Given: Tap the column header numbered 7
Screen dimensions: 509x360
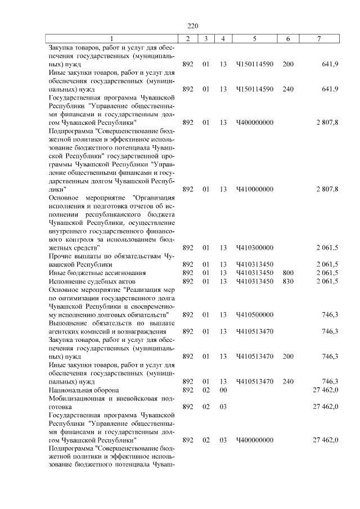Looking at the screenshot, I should tap(319, 38).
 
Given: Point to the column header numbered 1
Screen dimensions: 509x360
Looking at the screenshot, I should tap(111, 38).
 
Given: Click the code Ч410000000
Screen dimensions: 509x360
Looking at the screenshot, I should tap(255, 189).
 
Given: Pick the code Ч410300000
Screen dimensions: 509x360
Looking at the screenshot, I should tap(255, 247).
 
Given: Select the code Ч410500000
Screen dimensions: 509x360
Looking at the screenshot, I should tap(255, 314).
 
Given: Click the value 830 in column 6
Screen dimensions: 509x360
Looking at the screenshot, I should tap(288, 281).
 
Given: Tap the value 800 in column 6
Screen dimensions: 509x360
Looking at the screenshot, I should tap(288, 273).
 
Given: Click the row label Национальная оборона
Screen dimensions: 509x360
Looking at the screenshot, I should tap(84, 390).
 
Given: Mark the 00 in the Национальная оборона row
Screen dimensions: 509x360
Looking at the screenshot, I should tap(223, 390).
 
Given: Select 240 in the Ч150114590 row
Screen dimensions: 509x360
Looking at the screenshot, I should tap(288, 89).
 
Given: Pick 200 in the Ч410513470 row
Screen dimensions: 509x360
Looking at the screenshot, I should tap(288, 356).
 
